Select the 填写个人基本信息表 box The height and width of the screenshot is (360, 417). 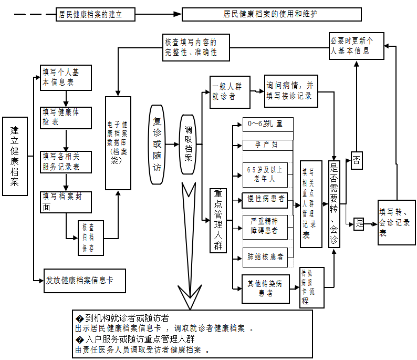pyautogui.click(x=66, y=78)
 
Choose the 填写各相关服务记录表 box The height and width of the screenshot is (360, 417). pyautogui.click(x=66, y=162)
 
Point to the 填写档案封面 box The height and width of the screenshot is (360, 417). pyautogui.click(x=66, y=202)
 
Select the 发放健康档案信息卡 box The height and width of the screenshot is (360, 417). pyautogui.click(x=85, y=281)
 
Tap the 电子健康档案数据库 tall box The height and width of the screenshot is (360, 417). pyautogui.click(x=118, y=143)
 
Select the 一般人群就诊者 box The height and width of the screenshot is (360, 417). pyautogui.click(x=230, y=92)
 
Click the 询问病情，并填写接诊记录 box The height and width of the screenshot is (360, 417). pyautogui.click(x=290, y=90)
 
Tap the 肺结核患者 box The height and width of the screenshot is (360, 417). pyautogui.click(x=265, y=257)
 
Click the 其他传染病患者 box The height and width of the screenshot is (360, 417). pyautogui.click(x=265, y=289)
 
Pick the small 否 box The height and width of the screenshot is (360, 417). pyautogui.click(x=357, y=161)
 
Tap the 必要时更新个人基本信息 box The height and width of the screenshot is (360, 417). pyautogui.click(x=356, y=46)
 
